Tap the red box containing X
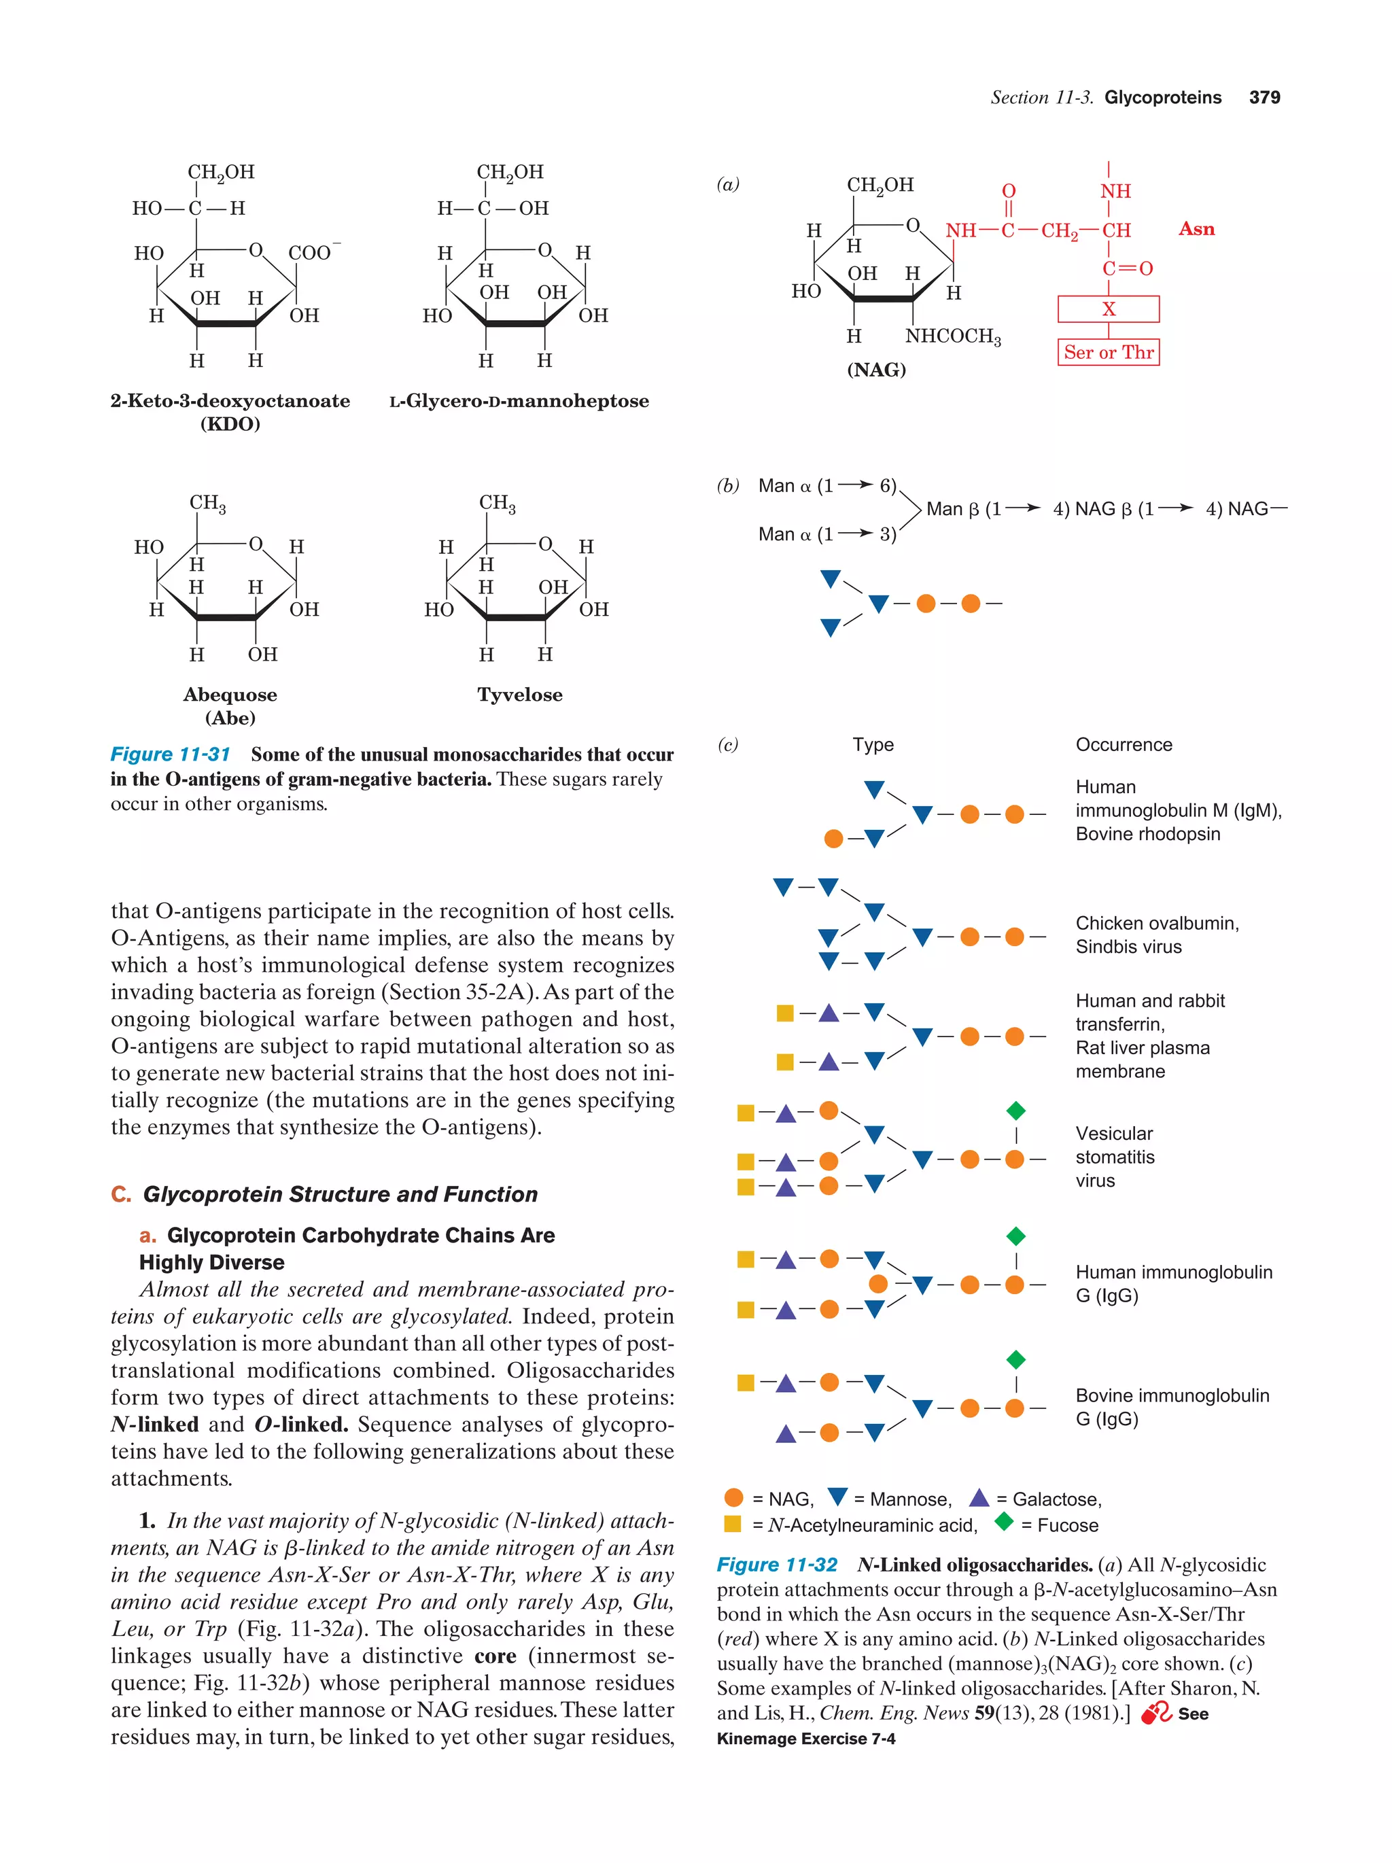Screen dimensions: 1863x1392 (1108, 309)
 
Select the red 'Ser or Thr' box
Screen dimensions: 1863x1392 (1108, 352)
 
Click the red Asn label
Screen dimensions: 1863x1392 (1196, 229)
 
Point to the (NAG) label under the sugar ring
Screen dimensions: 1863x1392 (877, 370)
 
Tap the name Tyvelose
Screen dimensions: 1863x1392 (519, 695)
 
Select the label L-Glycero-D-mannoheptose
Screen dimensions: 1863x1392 (519, 401)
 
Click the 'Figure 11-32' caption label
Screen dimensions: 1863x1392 (776, 1565)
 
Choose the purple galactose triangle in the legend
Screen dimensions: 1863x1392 (979, 1497)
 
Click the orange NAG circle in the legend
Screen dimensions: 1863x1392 (733, 1497)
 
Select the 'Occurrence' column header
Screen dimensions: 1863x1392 (1124, 744)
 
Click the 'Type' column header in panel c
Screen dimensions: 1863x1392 (873, 744)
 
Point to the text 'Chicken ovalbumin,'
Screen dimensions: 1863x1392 (1157, 923)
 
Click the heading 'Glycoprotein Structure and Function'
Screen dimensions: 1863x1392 (341, 1194)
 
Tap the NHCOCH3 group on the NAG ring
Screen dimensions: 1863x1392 (952, 337)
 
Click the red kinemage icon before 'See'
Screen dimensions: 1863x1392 (1155, 1713)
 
